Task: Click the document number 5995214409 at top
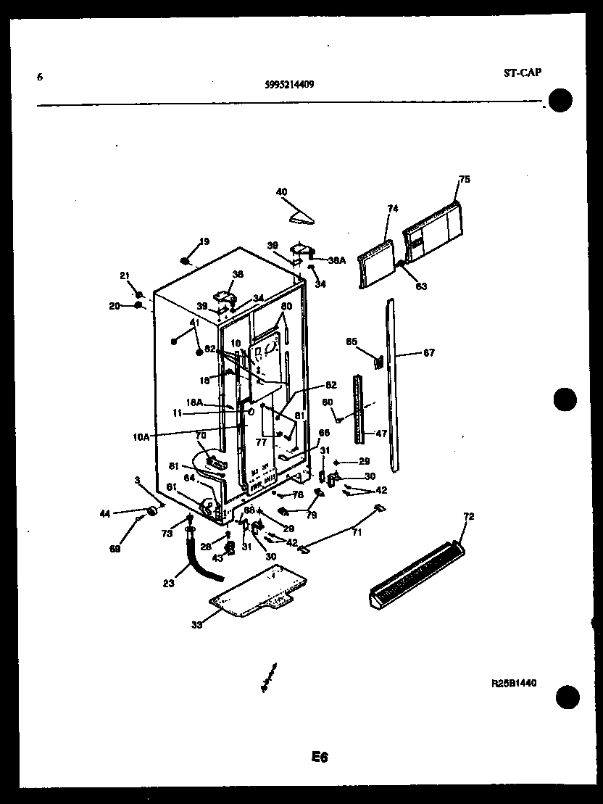tap(289, 83)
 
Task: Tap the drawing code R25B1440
tap(513, 682)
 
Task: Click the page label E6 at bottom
tap(320, 758)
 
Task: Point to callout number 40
tap(281, 192)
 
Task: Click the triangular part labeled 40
tap(302, 216)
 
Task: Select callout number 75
tap(465, 179)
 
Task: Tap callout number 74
tap(393, 208)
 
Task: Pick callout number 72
tap(468, 516)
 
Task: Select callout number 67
tap(429, 353)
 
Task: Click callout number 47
tap(381, 434)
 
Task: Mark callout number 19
tap(204, 241)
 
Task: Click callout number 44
tap(105, 513)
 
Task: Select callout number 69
tap(115, 550)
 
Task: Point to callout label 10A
tap(141, 436)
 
